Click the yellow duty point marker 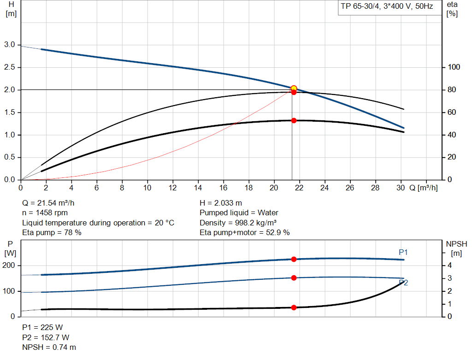[294, 88]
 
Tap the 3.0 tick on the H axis [10, 45]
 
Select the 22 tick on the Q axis [299, 188]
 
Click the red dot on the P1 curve [294, 259]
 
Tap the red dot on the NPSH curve [294, 307]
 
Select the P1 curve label [403, 252]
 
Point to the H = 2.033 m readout [221, 203]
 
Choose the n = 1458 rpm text [45, 213]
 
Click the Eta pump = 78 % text [52, 233]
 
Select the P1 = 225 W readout [42, 328]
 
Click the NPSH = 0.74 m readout [49, 347]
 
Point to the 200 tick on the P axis [10, 266]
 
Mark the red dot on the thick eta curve [294, 120]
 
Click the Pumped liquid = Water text [239, 213]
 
